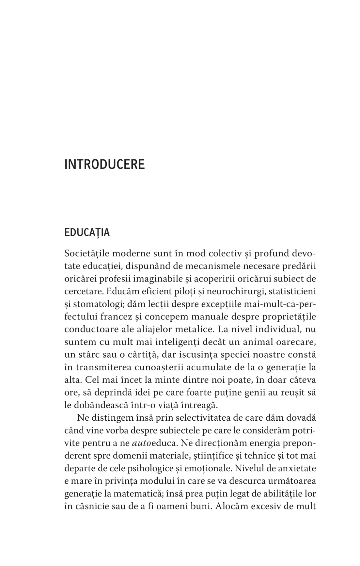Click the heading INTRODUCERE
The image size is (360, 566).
104,164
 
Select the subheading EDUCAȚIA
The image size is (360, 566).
87,233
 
